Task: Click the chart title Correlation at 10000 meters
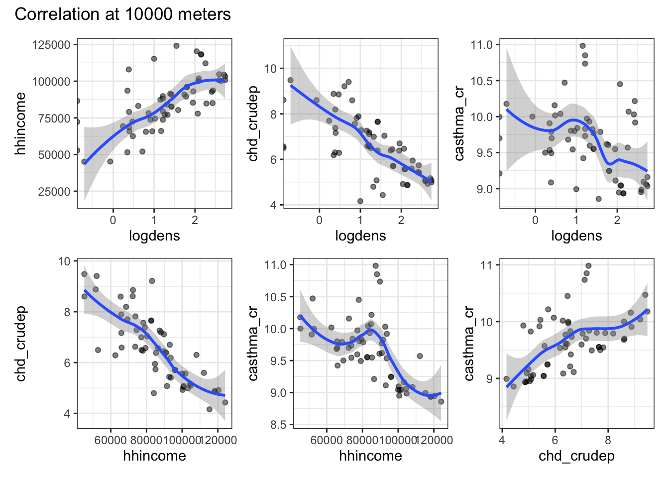[x=122, y=14]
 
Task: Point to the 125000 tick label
[x=51, y=45]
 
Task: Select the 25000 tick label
[x=54, y=192]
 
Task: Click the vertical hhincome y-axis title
[x=20, y=123]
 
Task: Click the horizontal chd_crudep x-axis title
[x=576, y=456]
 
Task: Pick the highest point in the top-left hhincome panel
[x=176, y=46]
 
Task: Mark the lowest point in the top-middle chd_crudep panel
[x=360, y=201]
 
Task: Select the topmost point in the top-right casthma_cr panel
[x=582, y=46]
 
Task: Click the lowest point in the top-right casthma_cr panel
[x=599, y=199]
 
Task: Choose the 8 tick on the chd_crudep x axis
[x=608, y=440]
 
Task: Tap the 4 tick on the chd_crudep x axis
[x=502, y=440]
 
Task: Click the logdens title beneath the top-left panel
[x=154, y=236]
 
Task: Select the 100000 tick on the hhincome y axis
[x=51, y=82]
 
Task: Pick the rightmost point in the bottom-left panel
[x=225, y=402]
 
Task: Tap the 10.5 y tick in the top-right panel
[x=481, y=81]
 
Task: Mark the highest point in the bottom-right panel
[x=588, y=266]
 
